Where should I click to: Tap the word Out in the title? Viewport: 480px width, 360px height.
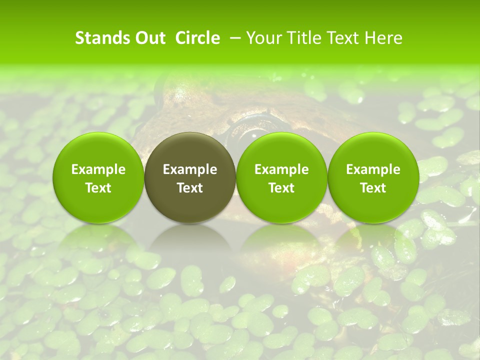click(148, 38)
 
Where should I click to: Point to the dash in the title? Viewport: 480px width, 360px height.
click(233, 38)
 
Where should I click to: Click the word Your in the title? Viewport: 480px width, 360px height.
click(263, 38)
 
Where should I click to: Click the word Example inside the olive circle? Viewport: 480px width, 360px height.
click(190, 169)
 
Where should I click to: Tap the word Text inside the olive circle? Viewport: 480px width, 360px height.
click(190, 187)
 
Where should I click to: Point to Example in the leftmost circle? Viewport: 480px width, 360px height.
click(98, 169)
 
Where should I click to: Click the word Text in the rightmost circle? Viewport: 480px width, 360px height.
click(373, 187)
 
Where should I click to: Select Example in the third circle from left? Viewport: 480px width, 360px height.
click(281, 169)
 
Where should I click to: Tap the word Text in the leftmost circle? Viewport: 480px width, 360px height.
click(98, 187)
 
